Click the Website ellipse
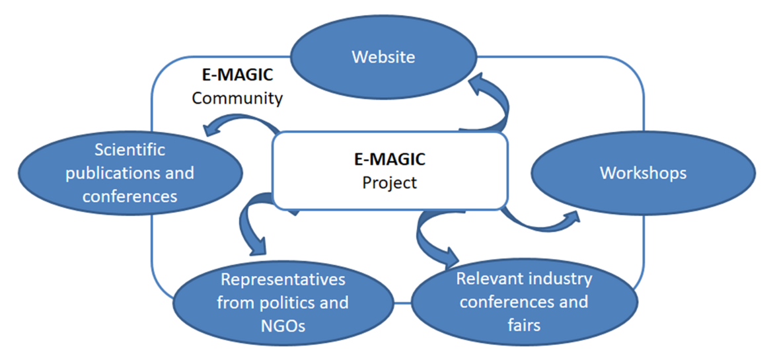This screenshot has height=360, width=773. [x=383, y=57]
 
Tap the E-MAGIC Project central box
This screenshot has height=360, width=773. [x=390, y=170]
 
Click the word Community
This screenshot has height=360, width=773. [x=237, y=98]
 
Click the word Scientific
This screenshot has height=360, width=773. [x=129, y=150]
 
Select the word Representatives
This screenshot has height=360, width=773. [x=283, y=279]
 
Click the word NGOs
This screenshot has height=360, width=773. [x=283, y=326]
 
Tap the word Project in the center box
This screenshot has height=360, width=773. [x=390, y=182]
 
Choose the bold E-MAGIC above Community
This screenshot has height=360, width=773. [x=237, y=75]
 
